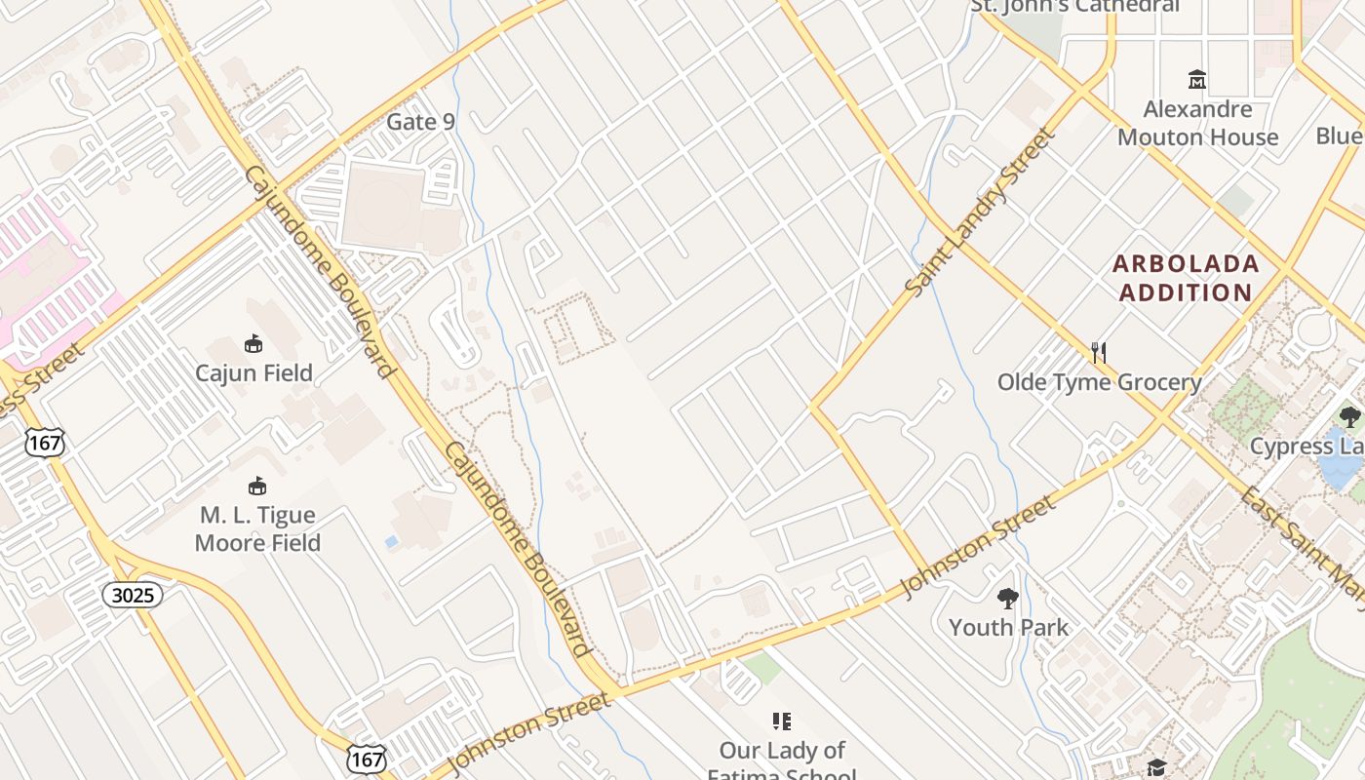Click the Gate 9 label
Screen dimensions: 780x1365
point(420,122)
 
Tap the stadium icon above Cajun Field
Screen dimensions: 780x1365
point(253,344)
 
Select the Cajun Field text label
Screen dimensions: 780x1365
point(253,372)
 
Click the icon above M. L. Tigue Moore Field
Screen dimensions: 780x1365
point(257,486)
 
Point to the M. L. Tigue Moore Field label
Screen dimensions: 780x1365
point(257,528)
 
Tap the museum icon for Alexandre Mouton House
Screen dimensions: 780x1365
point(1196,79)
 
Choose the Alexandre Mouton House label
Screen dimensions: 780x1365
point(1197,123)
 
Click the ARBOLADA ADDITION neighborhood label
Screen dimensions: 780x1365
point(1186,278)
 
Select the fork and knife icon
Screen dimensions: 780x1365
point(1099,352)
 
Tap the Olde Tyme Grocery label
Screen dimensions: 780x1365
point(1099,382)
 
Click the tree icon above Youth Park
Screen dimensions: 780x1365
point(1008,599)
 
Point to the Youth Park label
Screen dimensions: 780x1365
point(1008,627)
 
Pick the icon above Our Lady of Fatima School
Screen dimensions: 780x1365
point(781,721)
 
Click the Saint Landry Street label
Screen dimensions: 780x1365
point(981,212)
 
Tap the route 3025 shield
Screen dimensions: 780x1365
point(133,595)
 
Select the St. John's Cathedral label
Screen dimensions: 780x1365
point(1074,6)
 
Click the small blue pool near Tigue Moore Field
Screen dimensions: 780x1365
point(391,541)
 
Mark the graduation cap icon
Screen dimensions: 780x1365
point(1156,767)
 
